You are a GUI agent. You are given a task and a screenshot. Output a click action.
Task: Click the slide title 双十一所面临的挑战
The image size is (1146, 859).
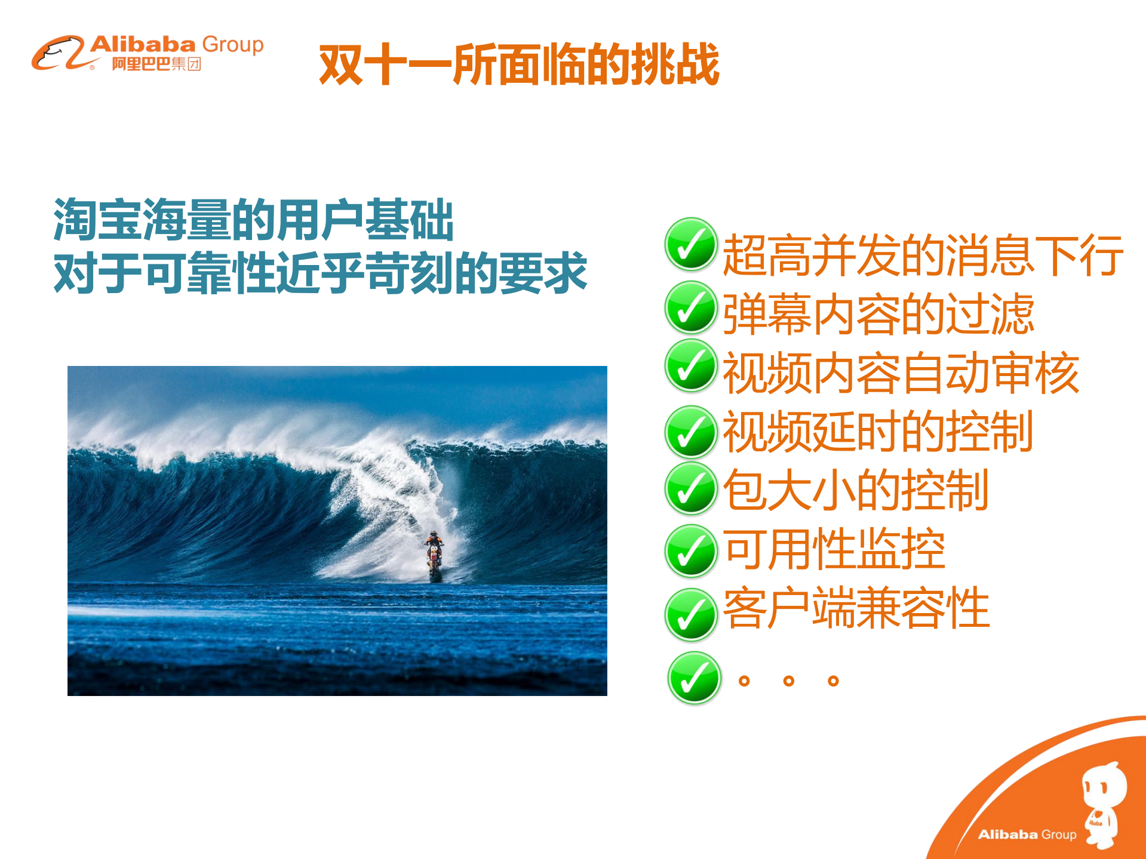(519, 64)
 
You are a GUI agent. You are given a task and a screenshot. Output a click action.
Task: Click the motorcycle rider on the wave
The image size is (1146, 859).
(434, 554)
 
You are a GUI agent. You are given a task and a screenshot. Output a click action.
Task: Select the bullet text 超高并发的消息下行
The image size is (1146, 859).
(923, 255)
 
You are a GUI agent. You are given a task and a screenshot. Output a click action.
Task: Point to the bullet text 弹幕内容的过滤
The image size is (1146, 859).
(878, 314)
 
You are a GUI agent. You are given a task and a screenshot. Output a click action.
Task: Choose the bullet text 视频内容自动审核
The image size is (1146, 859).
(901, 373)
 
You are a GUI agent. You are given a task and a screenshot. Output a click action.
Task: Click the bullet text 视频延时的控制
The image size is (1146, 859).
(878, 431)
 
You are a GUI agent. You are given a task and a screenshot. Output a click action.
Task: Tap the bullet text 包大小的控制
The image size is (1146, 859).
(855, 490)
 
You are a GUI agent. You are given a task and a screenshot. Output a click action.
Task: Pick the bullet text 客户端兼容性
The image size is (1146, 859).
(856, 608)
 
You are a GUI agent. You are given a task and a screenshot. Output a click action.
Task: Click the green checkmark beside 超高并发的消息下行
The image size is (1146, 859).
(690, 244)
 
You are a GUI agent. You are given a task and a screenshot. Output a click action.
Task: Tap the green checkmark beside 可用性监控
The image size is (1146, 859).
(690, 551)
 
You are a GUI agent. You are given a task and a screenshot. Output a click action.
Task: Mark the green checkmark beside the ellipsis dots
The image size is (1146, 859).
(694, 678)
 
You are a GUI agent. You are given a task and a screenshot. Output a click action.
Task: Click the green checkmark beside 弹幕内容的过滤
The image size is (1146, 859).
(690, 307)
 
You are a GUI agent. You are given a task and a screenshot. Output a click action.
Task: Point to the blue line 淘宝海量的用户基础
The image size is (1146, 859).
(254, 220)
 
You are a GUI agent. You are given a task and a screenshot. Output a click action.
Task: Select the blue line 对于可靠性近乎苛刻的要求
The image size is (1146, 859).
(321, 273)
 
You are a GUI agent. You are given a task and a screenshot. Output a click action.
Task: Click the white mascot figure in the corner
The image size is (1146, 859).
(1104, 803)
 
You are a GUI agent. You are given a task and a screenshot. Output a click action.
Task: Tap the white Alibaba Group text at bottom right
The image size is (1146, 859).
(1027, 835)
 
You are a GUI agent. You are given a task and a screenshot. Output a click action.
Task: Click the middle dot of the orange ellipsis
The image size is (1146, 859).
(789, 681)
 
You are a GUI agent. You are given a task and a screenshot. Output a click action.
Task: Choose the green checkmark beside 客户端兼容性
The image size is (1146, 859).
(690, 614)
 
